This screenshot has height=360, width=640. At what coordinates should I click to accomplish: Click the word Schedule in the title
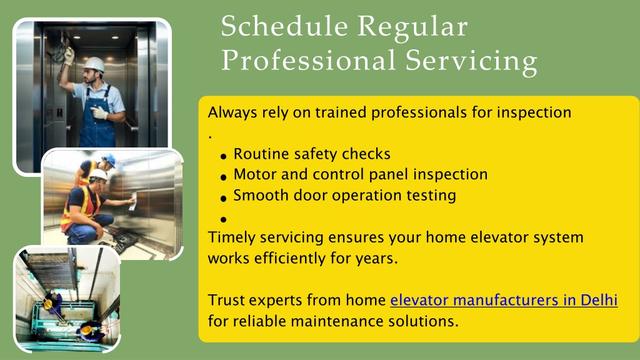[284, 26]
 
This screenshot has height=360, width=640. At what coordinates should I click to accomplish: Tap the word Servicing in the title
[471, 62]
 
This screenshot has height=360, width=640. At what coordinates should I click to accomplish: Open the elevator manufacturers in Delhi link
[504, 300]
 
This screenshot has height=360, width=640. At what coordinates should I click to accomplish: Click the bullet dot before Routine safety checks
[223, 156]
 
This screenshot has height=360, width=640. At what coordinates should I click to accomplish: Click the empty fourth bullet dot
[223, 219]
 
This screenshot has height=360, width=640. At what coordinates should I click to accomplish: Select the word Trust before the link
[226, 300]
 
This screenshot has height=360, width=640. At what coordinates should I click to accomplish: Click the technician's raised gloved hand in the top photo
[69, 56]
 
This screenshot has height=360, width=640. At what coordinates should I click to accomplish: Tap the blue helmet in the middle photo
[109, 159]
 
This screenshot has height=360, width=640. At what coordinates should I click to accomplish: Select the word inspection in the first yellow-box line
[534, 113]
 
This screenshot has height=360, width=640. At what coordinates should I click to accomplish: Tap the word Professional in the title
[308, 61]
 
